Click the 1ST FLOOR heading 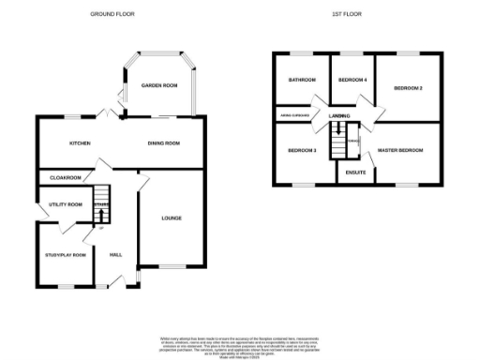346,15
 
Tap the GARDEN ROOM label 159,85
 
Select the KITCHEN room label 79,143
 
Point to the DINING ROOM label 163,143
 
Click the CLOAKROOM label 66,177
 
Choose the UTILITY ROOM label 67,204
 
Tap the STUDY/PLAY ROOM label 66,255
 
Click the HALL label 115,255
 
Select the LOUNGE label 171,218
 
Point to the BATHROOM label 302,81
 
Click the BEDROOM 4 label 352,81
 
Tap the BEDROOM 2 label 408,88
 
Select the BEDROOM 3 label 302,151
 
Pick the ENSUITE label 354,173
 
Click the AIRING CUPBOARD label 293,115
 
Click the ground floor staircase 102,212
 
